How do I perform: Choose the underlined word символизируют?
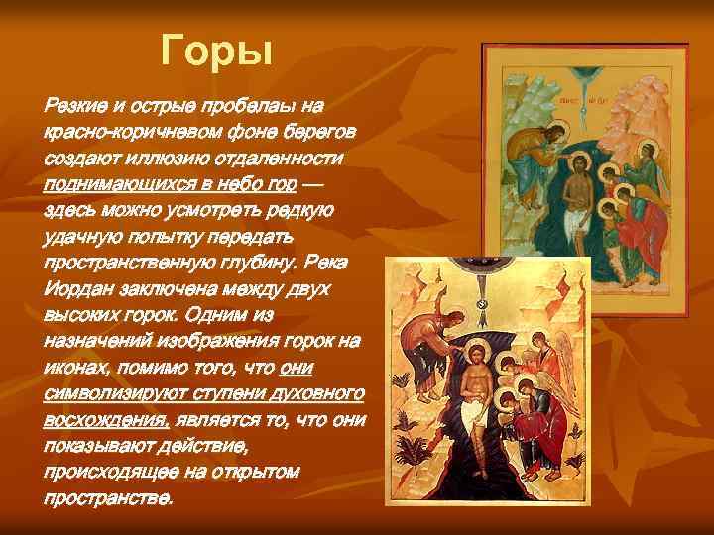point(117,393)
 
